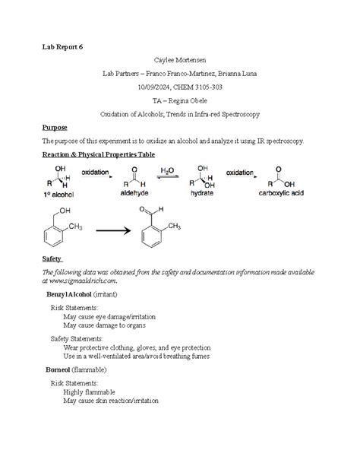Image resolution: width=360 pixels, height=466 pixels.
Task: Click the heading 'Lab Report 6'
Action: (62, 47)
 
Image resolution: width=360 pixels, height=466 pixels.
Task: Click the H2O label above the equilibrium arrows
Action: (168, 172)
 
